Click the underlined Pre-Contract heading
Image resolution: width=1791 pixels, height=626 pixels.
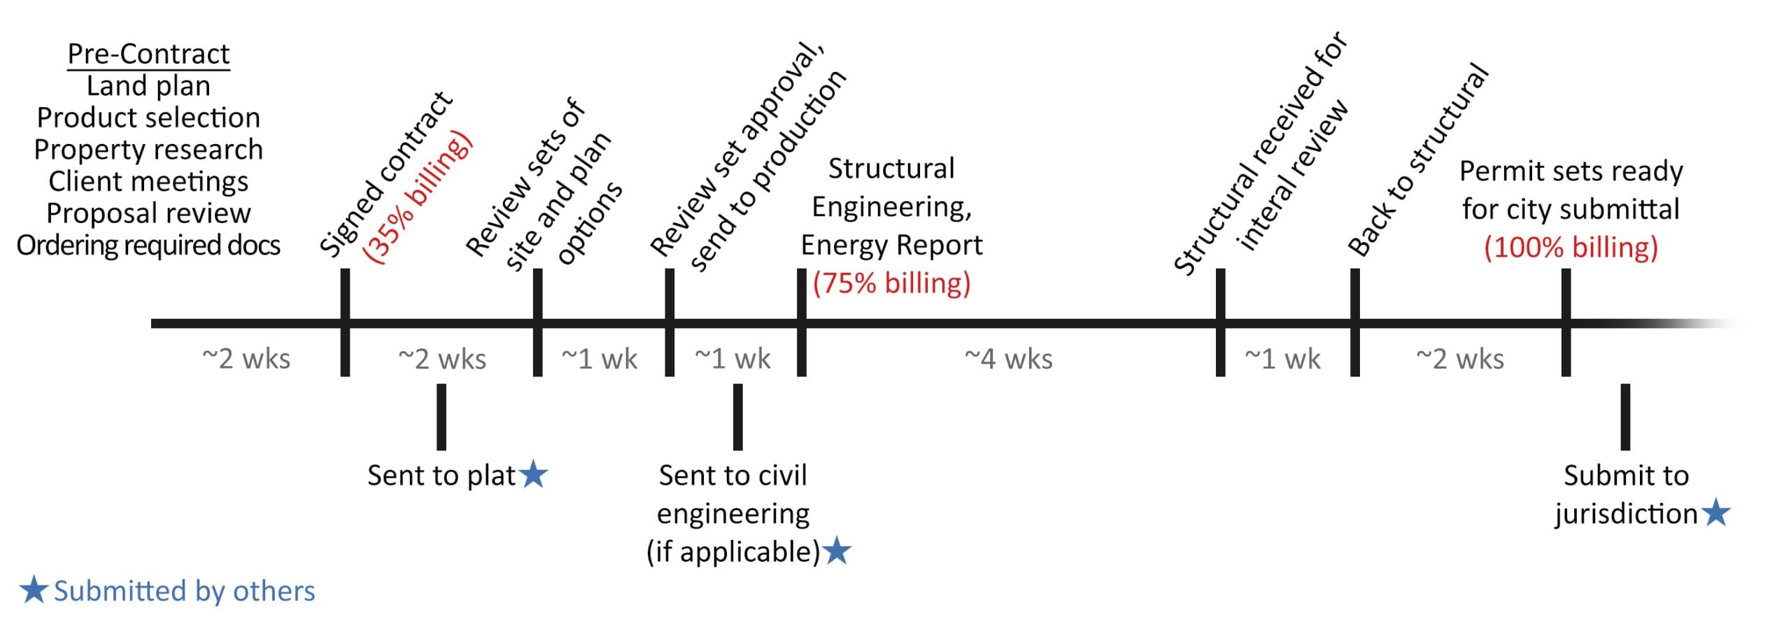click(148, 54)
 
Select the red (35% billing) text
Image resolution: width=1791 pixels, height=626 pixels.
click(418, 197)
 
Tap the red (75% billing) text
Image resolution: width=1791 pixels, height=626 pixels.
click(891, 283)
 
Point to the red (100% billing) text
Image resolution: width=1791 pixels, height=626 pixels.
click(1571, 247)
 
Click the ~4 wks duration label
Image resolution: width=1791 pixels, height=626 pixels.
click(1008, 359)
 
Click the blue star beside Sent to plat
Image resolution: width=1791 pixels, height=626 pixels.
click(535, 475)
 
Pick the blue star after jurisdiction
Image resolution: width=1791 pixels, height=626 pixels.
click(1716, 513)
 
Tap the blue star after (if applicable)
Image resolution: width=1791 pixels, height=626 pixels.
click(837, 551)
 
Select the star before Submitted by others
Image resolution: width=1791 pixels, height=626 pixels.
click(33, 590)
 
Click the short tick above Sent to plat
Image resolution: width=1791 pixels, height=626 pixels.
click(441, 416)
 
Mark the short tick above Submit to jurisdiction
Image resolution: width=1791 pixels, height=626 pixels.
click(1625, 416)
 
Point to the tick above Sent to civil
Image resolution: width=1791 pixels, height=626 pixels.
click(737, 416)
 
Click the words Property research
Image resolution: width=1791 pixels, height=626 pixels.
click(148, 149)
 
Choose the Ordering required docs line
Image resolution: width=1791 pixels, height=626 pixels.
click(148, 246)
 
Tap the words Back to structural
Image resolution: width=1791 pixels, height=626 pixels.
click(1417, 159)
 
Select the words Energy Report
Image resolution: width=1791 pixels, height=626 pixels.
click(891, 245)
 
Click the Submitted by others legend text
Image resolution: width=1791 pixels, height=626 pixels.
click(184, 591)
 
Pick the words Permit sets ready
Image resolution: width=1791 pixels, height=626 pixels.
click(1571, 171)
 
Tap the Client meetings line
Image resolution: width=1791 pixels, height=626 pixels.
click(148, 181)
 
